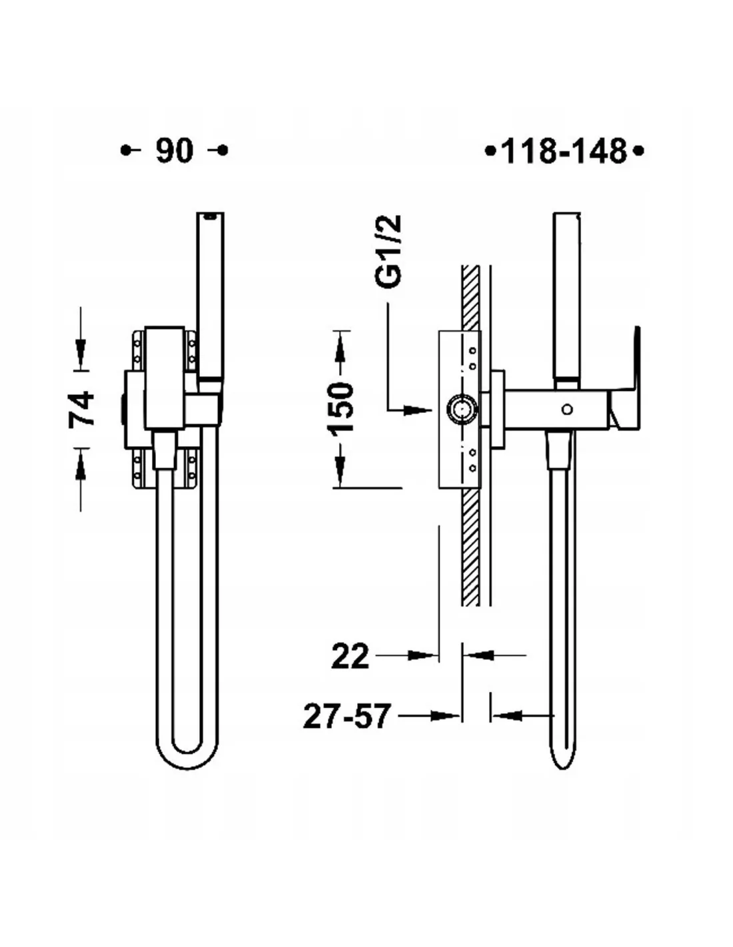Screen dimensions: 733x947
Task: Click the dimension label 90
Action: [175, 151]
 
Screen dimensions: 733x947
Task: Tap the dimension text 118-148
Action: [564, 152]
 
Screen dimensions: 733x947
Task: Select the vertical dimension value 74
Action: [81, 408]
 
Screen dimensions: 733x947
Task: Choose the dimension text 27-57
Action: [345, 717]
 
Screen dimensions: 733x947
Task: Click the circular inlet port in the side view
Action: [462, 409]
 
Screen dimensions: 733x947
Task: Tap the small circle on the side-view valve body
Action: [567, 409]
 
